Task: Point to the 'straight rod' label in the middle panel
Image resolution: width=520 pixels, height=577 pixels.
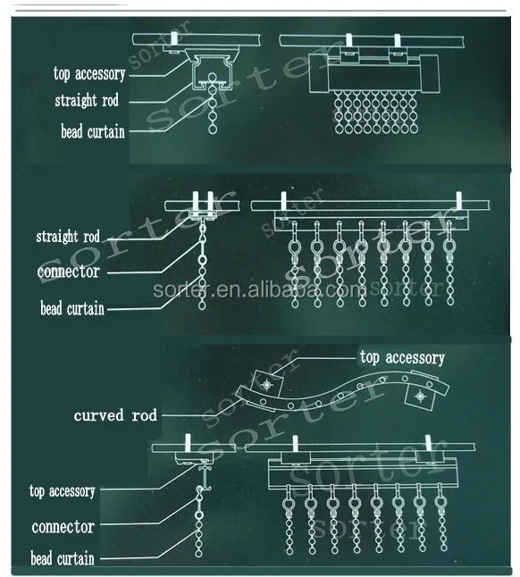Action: point(67,237)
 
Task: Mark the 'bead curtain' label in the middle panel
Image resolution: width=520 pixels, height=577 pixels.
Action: point(71,309)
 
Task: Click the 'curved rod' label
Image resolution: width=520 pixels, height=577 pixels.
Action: point(116,415)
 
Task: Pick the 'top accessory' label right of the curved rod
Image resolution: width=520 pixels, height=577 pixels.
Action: point(401,357)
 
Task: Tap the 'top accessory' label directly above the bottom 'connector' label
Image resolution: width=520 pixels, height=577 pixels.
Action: point(62,491)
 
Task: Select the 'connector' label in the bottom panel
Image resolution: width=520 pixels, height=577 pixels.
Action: point(62,526)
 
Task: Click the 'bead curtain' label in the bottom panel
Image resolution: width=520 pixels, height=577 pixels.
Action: point(62,559)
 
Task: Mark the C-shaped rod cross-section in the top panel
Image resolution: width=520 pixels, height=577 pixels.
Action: point(211,71)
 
